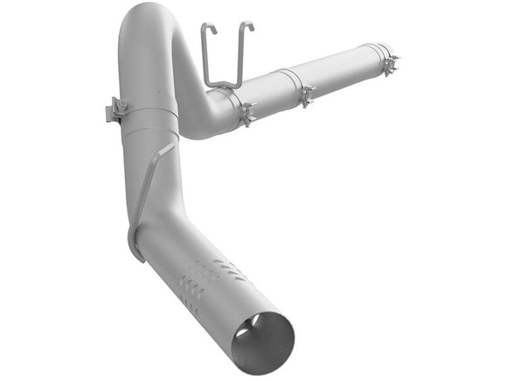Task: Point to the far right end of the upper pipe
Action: [x=393, y=54]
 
